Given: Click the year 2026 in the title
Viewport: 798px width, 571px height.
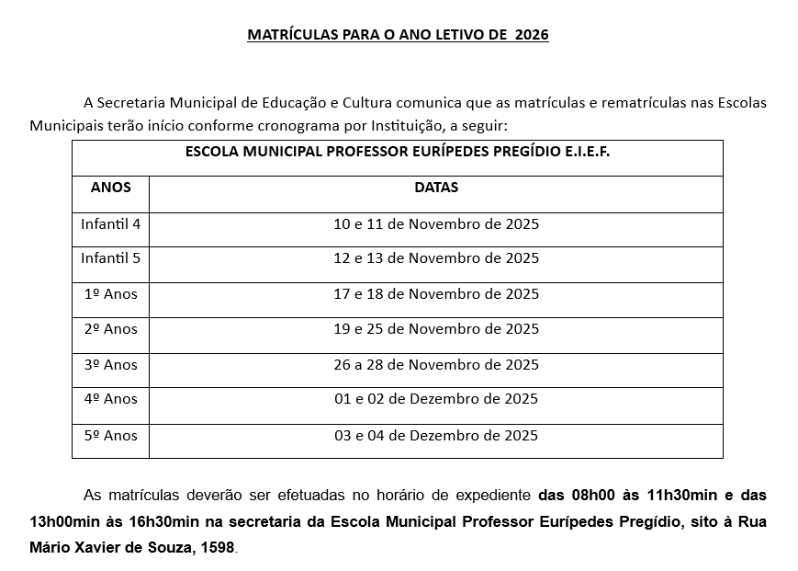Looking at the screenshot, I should pos(532,36).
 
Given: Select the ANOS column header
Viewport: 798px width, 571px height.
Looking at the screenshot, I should pos(111,188).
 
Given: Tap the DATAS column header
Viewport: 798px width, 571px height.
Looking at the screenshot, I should pos(436,188).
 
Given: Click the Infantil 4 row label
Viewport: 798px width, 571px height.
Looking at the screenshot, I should pos(111,223).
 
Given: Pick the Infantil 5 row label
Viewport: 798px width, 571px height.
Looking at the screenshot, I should pos(111,258).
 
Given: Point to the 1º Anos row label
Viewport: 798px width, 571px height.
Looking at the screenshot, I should pos(111,294).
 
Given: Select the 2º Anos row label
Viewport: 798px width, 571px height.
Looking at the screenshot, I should pos(111,329).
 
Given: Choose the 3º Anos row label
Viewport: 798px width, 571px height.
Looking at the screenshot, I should pos(111,365).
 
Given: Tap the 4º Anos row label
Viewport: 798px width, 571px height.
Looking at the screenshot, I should pos(111,399).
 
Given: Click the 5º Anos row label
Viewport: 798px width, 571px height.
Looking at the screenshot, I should pos(111,435).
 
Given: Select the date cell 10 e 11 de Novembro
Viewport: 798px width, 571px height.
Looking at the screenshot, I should pos(436,223).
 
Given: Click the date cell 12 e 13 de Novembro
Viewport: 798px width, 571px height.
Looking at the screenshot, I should pos(436,258).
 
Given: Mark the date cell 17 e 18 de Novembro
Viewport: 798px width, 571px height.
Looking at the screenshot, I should pos(436,294).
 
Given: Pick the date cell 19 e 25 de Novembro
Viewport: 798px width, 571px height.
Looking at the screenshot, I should pos(436,329).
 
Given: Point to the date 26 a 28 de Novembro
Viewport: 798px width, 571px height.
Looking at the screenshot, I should pos(436,365).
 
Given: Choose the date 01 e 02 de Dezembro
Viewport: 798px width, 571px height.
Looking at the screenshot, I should pos(436,399).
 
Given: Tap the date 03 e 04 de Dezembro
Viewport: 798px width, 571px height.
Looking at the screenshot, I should pos(436,435).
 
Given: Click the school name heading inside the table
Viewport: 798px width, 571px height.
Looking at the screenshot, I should pos(398,151).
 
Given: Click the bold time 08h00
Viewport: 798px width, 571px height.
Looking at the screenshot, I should pos(592,495).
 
